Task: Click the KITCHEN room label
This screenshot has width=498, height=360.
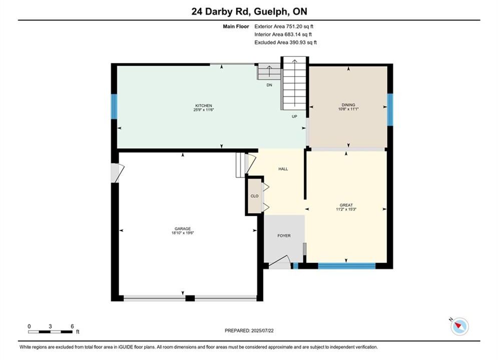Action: [204, 105]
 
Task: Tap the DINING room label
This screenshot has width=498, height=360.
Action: [348, 104]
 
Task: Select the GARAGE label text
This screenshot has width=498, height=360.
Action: [183, 228]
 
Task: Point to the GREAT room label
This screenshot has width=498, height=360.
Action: [346, 205]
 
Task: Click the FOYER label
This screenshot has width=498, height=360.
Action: [284, 235]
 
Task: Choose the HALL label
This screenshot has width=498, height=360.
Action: [283, 169]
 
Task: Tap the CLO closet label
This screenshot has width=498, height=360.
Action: [255, 196]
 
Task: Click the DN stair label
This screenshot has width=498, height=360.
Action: [269, 85]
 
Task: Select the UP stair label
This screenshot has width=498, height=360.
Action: [294, 116]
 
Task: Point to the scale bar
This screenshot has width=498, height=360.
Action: [50, 332]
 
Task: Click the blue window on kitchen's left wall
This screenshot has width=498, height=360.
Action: [114, 106]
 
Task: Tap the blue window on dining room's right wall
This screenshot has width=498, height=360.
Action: [390, 109]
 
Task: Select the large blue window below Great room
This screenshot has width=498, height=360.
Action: [347, 266]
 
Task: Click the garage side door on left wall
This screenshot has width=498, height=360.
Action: [117, 173]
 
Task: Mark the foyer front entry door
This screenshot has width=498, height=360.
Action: [279, 262]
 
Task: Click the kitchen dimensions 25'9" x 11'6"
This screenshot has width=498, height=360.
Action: [204, 109]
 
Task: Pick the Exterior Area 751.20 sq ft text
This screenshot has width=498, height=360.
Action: [284, 26]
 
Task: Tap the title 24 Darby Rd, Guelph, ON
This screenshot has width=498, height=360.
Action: [249, 11]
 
